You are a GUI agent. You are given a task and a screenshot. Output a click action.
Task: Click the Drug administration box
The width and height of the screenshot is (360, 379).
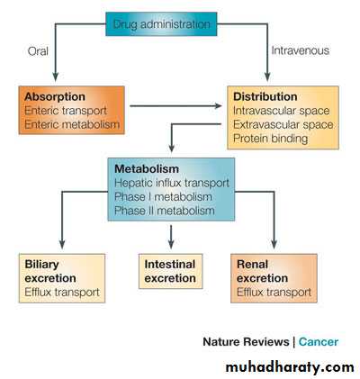pyautogui.click(x=161, y=24)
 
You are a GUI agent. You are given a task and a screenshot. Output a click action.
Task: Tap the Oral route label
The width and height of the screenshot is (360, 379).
pyautogui.click(x=38, y=51)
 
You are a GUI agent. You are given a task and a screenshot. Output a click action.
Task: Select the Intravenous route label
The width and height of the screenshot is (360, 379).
pyautogui.click(x=300, y=50)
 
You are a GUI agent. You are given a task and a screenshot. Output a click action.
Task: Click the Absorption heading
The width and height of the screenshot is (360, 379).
pyautogui.click(x=55, y=96)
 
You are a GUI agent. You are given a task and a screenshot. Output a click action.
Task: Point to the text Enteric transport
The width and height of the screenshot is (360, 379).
pyautogui.click(x=66, y=111)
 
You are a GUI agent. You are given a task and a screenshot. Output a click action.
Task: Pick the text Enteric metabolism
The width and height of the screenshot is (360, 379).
pyautogui.click(x=72, y=124)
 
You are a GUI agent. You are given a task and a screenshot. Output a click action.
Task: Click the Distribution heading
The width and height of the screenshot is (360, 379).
pyautogui.click(x=265, y=96)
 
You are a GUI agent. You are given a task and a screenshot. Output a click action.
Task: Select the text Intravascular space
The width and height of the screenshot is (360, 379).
pyautogui.click(x=282, y=111)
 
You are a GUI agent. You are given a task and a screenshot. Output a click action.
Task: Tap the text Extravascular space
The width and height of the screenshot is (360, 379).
pyautogui.click(x=283, y=124)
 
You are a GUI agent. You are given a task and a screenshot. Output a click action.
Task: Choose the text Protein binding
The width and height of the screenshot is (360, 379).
pyautogui.click(x=270, y=139)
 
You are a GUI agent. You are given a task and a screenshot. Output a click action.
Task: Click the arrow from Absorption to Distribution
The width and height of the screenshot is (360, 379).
pyautogui.click(x=175, y=105)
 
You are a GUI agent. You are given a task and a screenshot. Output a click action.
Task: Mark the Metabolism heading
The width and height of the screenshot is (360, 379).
pyautogui.click(x=147, y=168)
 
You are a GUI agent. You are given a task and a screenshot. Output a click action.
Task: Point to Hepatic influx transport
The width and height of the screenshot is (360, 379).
pyautogui.click(x=172, y=183)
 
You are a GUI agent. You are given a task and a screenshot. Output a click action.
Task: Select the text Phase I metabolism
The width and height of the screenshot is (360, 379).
pyautogui.click(x=163, y=197)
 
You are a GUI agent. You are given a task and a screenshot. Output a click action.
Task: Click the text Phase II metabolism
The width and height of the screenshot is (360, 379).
pyautogui.click(x=165, y=211)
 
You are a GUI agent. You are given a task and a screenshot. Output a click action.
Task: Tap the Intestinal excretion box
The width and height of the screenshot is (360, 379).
pyautogui.click(x=170, y=271)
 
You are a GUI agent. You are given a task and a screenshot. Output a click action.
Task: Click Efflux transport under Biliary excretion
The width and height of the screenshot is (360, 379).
pyautogui.click(x=62, y=292)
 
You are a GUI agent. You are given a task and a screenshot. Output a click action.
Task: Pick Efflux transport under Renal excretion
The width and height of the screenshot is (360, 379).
pyautogui.click(x=274, y=292)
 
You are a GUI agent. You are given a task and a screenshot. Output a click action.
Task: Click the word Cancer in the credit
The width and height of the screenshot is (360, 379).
pyautogui.click(x=319, y=342)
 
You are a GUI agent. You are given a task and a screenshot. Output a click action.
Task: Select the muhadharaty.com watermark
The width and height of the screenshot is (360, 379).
pyautogui.click(x=290, y=367)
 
